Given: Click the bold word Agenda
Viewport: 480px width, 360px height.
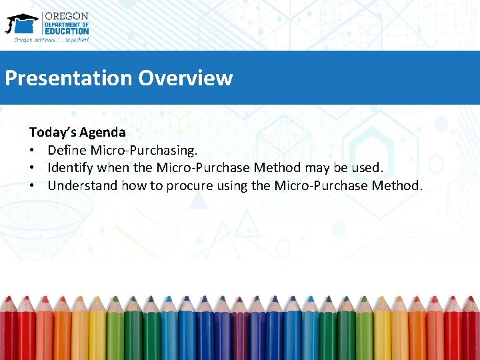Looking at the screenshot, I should (x=103, y=133).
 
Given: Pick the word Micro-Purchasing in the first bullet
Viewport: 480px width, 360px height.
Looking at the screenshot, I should (x=143, y=150).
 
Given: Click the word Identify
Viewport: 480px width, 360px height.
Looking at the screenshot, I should (x=71, y=167).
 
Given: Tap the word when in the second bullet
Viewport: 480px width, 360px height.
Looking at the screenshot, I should (x=114, y=167).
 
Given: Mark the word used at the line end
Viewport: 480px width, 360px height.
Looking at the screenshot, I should (x=367, y=167).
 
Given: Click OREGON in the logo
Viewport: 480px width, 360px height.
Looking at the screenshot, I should (x=66, y=16).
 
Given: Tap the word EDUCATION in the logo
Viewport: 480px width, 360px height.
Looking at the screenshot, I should (x=66, y=31).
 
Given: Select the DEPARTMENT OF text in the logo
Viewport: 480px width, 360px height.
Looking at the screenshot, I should (x=66, y=23).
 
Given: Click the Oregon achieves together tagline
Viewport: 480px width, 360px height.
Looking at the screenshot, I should (x=51, y=39).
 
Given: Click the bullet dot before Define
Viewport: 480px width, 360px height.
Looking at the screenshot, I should (x=33, y=150).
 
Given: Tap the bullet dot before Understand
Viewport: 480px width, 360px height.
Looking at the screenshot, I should (x=33, y=185).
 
